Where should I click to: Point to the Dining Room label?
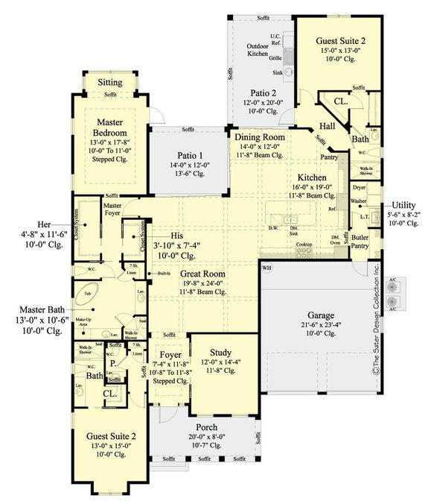pos(260,138)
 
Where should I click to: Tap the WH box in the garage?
pos(265,267)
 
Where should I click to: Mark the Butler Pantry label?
pos(360,241)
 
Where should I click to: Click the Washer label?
pos(359,201)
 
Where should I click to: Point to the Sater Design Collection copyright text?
pos(377,328)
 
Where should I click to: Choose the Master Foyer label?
pos(113,209)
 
